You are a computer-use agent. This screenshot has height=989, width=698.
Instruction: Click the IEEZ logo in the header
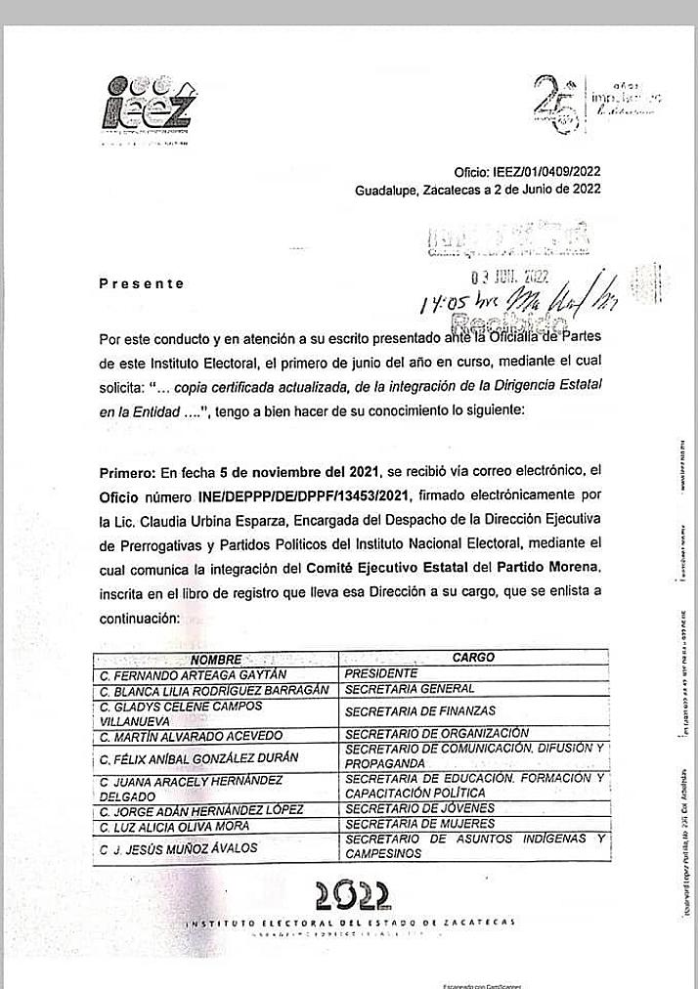[148, 105]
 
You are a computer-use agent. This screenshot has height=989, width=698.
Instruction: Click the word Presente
[142, 283]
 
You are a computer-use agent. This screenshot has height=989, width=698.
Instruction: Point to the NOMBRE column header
[216, 660]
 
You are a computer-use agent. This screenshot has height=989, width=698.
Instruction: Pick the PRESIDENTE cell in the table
[381, 673]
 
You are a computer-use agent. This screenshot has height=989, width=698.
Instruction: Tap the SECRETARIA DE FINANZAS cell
[419, 710]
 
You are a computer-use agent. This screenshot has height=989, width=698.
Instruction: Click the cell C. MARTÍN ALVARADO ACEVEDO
[191, 735]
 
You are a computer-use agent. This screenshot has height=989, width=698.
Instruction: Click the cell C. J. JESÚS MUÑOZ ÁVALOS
[179, 847]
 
